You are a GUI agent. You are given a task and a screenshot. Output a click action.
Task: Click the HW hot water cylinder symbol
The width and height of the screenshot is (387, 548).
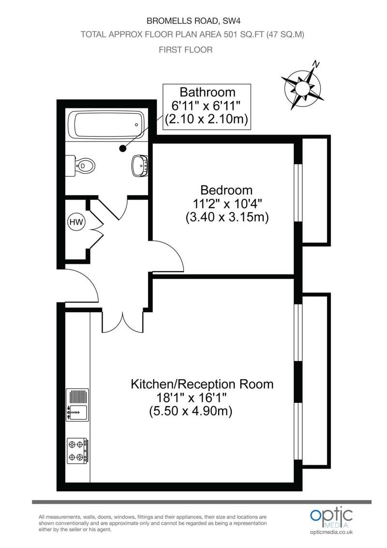point(76,222)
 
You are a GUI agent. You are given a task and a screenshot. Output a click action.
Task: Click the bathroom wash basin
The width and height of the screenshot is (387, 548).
point(140,166)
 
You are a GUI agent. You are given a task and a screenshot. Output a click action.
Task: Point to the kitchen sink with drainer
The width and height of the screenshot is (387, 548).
point(77,405)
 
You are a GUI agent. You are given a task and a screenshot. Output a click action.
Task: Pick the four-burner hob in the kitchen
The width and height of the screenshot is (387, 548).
point(77,451)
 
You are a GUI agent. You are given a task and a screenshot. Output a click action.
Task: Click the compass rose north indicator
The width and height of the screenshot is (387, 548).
point(302,86)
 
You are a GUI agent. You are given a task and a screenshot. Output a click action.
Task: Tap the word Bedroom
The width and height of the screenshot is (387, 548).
point(226,190)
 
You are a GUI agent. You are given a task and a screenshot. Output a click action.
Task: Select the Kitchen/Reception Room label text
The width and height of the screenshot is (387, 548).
point(202,384)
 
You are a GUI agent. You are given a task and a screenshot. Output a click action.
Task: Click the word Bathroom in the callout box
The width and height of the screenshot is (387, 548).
point(208,92)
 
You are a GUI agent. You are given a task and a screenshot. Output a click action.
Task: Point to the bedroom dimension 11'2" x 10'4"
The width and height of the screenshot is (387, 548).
point(227,203)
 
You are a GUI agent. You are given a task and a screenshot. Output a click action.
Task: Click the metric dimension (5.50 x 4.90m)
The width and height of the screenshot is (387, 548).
point(191,411)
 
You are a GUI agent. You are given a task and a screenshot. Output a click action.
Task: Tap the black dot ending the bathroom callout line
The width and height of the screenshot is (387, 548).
point(122,149)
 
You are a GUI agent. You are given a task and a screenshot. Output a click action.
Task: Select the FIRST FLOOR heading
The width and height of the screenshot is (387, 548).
point(185,50)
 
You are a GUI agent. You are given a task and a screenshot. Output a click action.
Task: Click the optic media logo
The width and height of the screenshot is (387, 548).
point(331,518)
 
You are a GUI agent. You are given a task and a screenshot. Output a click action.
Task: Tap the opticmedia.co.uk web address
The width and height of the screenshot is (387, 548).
point(331,532)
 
